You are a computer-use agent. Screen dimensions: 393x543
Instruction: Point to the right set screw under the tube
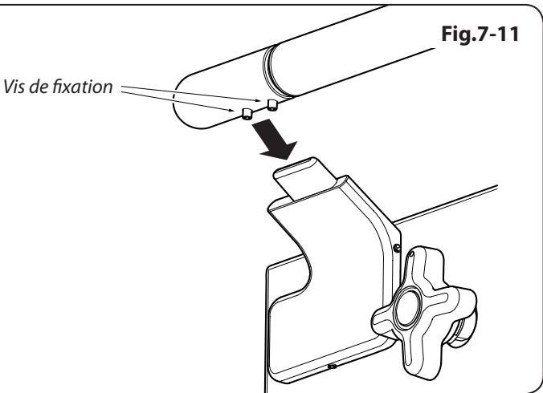[x=271, y=105]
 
